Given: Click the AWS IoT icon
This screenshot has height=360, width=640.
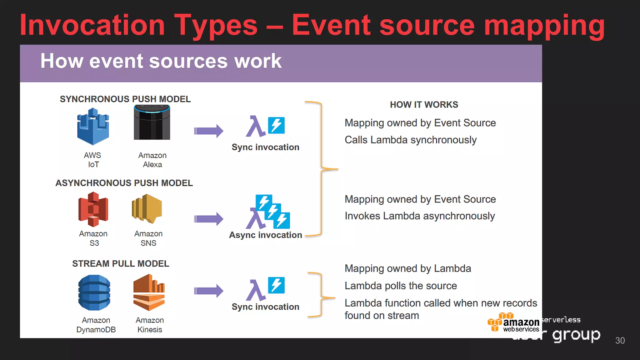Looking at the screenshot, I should pos(93,126).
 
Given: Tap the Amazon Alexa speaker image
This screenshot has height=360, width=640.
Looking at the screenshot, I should pos(152,122).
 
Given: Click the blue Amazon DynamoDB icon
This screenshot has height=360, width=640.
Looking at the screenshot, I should pos(94,292).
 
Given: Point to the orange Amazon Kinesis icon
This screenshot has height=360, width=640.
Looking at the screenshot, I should pos(149,292).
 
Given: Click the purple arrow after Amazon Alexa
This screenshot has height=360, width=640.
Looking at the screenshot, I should pos(208,131).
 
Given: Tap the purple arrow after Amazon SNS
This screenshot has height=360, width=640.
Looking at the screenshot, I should pos(208,219).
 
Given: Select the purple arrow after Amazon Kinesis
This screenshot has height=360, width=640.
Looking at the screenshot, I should pos(208,291).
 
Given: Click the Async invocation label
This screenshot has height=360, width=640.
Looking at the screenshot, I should pos(265,235).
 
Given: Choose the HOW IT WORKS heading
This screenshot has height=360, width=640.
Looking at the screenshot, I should pos(424,105).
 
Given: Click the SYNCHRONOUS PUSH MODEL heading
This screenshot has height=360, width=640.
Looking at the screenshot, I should pos(125,99).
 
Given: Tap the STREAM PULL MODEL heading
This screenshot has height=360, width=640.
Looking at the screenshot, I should pos(121,264).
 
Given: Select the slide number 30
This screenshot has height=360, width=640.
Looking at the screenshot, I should pos(620,341).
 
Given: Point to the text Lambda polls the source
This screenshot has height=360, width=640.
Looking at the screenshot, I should pos(401,286).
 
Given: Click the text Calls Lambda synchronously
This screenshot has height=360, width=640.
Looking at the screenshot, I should pos(410,140).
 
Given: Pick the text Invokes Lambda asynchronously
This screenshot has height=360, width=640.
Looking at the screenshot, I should pos(419,216).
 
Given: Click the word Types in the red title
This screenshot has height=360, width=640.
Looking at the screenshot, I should pos(216,26).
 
